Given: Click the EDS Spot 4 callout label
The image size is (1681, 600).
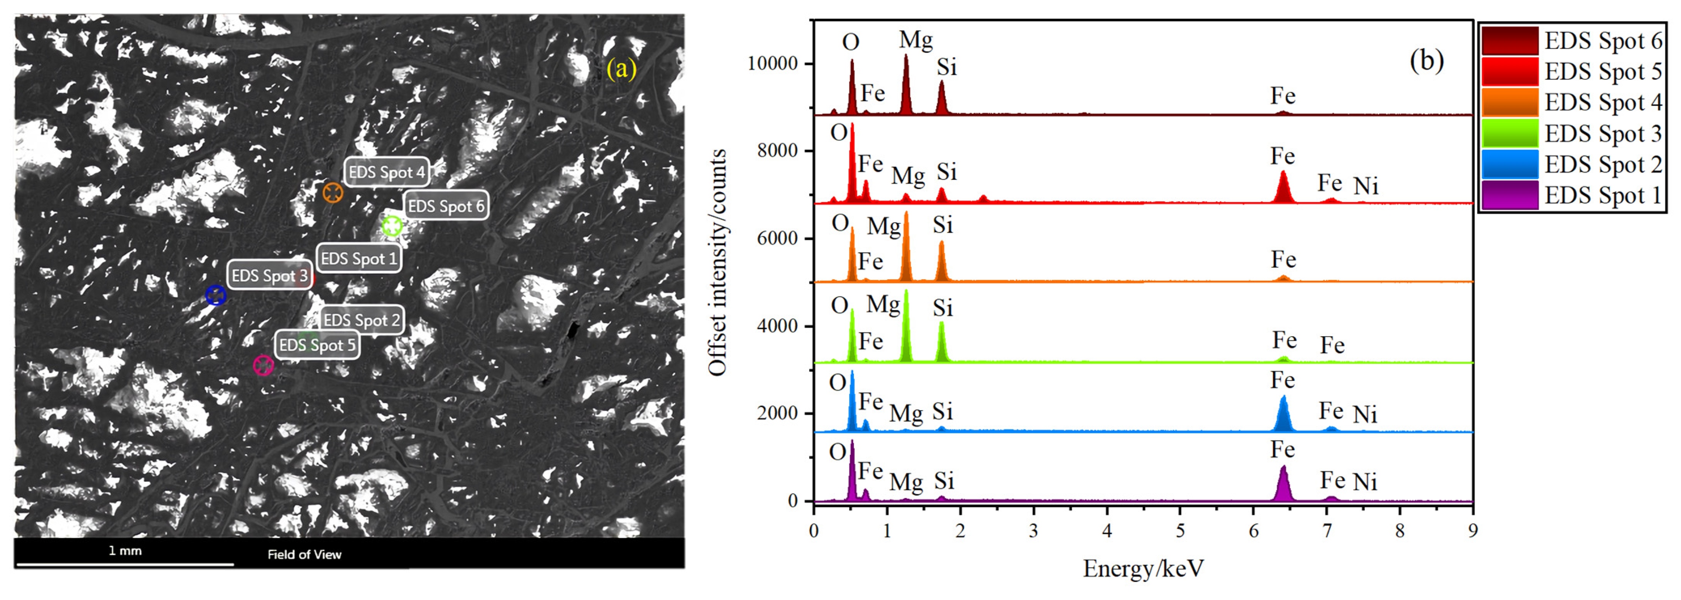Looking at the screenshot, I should (x=386, y=172).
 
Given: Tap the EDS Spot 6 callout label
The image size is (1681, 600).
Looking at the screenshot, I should (x=446, y=206).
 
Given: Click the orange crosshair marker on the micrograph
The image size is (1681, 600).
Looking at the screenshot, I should (x=333, y=193).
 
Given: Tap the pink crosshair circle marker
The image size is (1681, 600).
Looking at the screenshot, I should (x=263, y=365).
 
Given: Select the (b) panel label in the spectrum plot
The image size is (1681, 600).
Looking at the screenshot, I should (x=1426, y=60).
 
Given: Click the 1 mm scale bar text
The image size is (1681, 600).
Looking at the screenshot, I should (x=125, y=550).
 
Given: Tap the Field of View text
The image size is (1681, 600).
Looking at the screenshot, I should (x=304, y=554).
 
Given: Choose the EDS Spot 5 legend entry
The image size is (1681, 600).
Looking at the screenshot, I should (x=1573, y=72).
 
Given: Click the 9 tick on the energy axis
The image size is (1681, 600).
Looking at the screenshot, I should (x=1472, y=530).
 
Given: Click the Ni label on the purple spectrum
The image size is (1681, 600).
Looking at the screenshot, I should (x=1364, y=482).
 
